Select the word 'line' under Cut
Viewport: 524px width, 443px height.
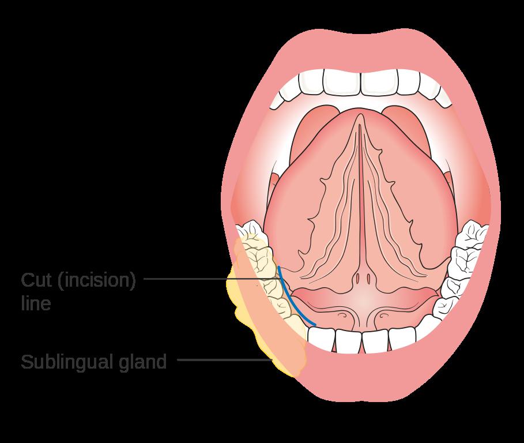pyautogui.click(x=36, y=303)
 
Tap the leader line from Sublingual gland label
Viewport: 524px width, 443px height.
pyautogui.click(x=225, y=360)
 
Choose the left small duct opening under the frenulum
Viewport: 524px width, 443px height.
pyautogui.click(x=358, y=277)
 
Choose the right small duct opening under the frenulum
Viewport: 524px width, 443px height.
pyautogui.click(x=368, y=277)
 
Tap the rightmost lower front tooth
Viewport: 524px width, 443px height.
pyautogui.click(x=401, y=337)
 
